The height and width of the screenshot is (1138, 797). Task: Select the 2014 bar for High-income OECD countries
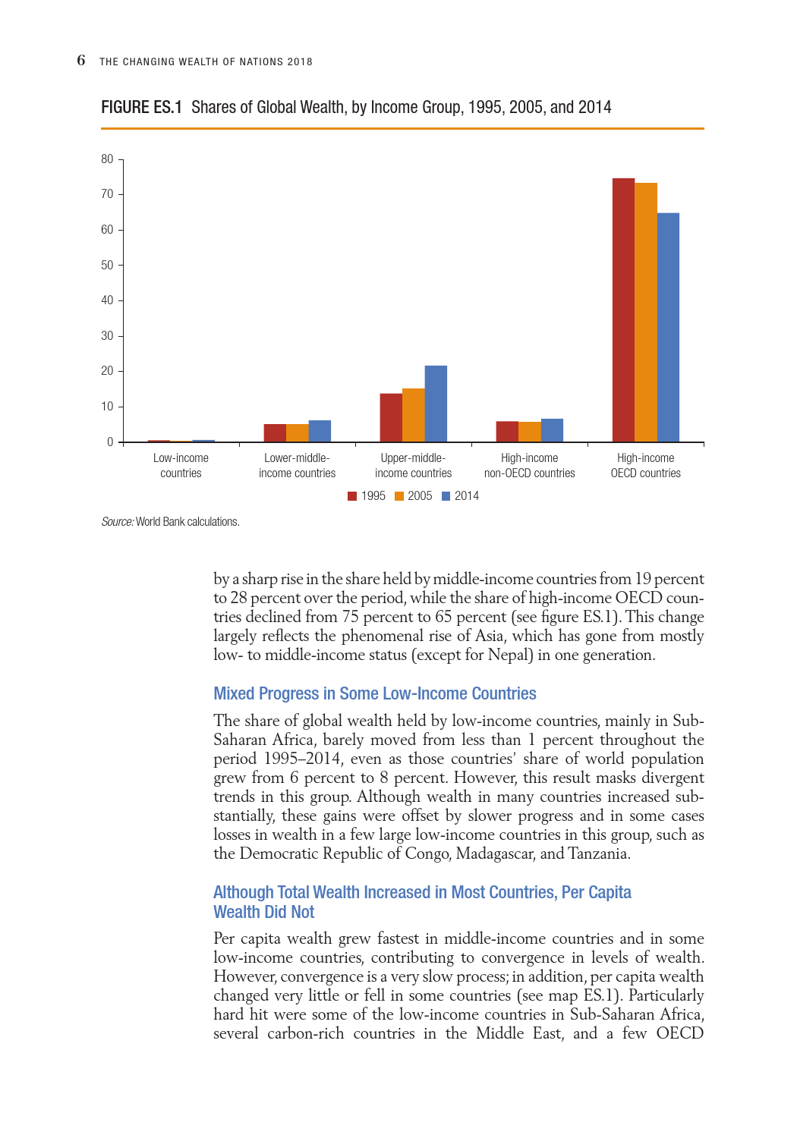point(668,327)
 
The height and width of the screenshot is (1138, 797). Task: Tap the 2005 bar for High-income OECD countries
point(646,312)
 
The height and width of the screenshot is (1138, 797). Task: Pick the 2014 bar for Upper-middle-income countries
point(436,404)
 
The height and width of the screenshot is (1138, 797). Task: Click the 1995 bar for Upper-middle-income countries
point(391,417)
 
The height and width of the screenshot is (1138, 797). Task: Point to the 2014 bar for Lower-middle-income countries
point(320,431)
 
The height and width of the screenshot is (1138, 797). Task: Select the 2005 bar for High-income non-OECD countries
point(530,432)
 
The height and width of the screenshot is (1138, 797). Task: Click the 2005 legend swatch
point(399,496)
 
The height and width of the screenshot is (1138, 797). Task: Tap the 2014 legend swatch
point(446,496)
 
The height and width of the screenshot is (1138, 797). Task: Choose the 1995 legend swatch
point(352,496)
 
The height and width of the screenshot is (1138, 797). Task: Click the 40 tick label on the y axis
point(107,300)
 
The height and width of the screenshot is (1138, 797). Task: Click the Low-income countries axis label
point(181,465)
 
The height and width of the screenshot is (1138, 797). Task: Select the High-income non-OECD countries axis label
point(530,465)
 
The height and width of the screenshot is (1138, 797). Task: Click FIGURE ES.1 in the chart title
point(142,107)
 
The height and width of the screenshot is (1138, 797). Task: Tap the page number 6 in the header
point(81,61)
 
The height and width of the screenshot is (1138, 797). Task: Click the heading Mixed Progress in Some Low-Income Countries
point(375,693)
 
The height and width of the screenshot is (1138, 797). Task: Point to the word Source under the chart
point(118,522)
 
